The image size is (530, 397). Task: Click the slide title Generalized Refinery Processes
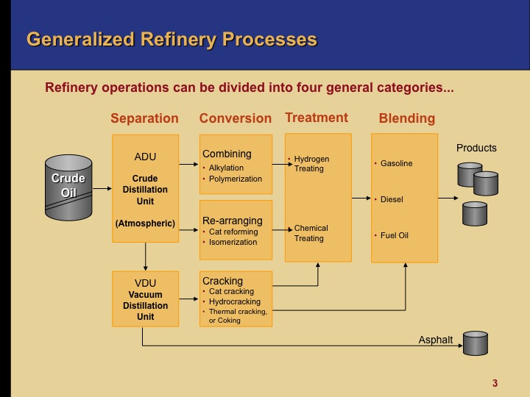click(x=172, y=39)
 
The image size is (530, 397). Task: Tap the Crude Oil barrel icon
click(x=68, y=187)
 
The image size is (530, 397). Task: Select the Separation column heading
click(x=144, y=118)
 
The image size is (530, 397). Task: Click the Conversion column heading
click(x=235, y=118)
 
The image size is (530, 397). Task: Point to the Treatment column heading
click(x=317, y=118)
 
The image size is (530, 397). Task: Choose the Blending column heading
click(x=406, y=118)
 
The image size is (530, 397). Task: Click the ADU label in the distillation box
click(x=145, y=157)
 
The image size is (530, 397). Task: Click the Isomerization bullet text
click(x=233, y=242)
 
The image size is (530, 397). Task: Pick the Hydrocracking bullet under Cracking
click(x=233, y=301)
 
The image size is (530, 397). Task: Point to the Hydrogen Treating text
click(x=311, y=163)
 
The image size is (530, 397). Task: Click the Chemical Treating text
click(x=311, y=233)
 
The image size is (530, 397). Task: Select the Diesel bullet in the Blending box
click(x=392, y=199)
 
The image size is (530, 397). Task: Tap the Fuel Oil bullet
click(x=394, y=235)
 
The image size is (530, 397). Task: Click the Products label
click(x=476, y=148)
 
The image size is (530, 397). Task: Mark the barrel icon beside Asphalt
click(x=475, y=342)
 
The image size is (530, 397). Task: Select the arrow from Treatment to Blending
click(x=361, y=198)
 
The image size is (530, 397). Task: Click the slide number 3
click(x=495, y=382)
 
